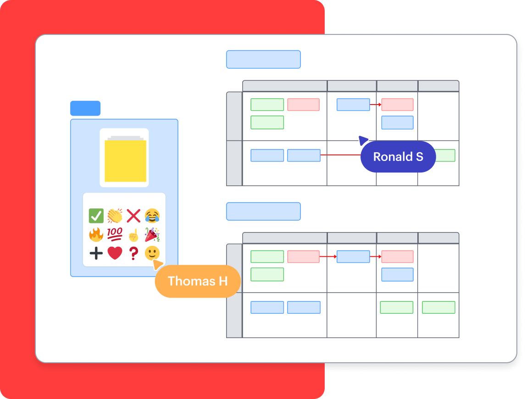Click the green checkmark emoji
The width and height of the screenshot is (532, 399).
[x=96, y=216]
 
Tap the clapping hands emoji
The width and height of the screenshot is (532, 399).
[x=115, y=216]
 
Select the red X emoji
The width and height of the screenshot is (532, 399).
[x=133, y=216]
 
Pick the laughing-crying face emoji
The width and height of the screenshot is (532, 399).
[x=152, y=216]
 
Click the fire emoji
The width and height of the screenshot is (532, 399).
[x=96, y=235]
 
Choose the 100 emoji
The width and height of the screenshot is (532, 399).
[x=115, y=234]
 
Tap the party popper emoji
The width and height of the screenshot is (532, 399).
[x=152, y=234]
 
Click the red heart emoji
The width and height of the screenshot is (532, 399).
[x=115, y=253]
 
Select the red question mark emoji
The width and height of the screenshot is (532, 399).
[x=133, y=253]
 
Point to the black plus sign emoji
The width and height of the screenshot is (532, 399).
[x=96, y=253]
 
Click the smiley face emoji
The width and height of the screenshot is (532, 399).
[x=152, y=253]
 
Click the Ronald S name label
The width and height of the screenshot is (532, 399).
[x=398, y=157]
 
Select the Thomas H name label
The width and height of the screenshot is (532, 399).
[x=198, y=281]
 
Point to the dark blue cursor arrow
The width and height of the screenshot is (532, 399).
[x=363, y=140]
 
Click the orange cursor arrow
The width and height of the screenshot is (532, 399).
[x=158, y=264]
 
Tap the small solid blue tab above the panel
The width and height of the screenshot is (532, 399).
[x=85, y=108]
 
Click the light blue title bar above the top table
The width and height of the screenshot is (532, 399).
[x=263, y=60]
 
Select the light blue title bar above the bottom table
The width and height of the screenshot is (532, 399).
[x=263, y=211]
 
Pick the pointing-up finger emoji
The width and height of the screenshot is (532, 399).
[x=133, y=235]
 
